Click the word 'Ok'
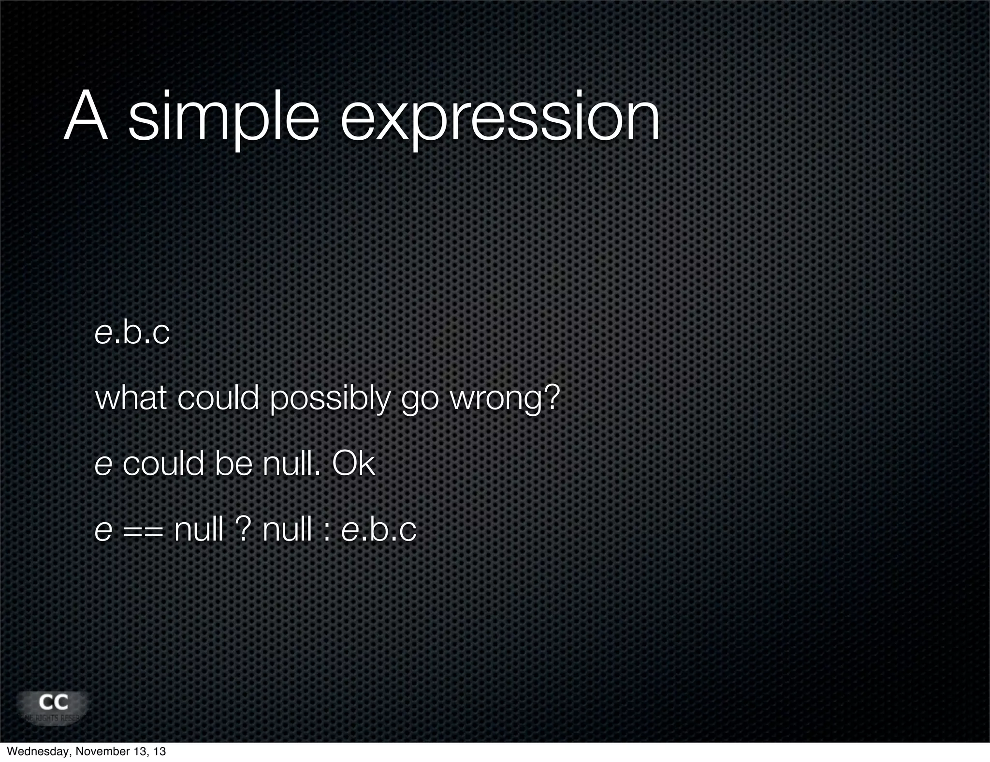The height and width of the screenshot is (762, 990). (353, 464)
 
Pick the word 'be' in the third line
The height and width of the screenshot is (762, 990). (233, 464)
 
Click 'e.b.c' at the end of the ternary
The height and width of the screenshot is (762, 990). (379, 529)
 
